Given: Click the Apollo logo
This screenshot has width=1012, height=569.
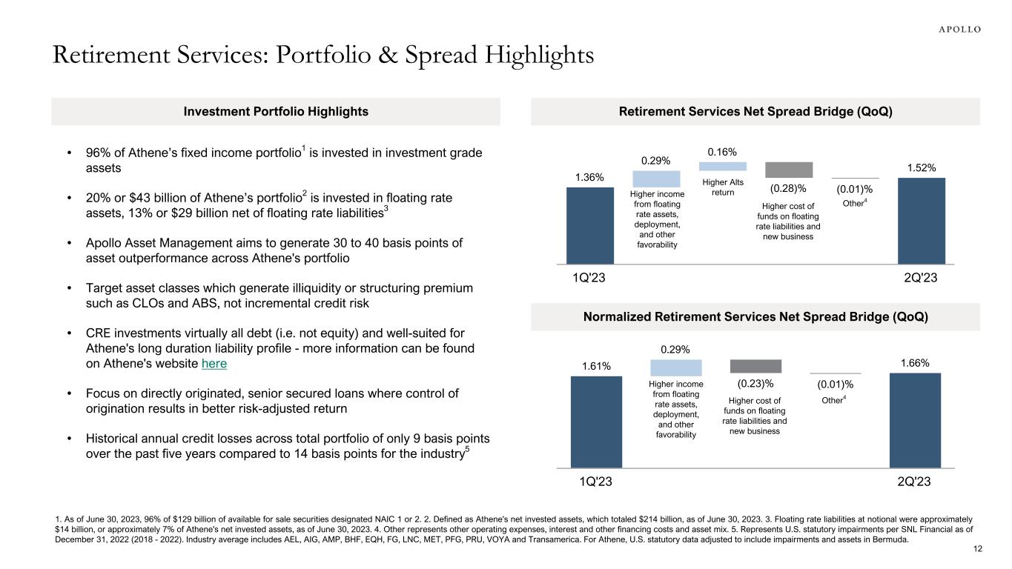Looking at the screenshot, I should coord(955,30).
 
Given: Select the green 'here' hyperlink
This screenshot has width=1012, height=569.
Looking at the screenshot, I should coord(214,364).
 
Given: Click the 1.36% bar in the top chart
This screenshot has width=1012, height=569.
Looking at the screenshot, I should coord(590,225).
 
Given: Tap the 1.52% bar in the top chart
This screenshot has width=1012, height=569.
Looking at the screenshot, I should coord(922,220).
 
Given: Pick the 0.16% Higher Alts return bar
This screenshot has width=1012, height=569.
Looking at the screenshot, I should coord(723,166).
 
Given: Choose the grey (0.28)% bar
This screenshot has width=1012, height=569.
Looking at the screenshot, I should coord(789,170).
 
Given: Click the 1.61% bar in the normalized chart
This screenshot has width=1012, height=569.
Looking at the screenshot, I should coord(595,422).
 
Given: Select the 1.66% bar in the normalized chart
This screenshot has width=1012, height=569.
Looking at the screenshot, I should coord(915,419).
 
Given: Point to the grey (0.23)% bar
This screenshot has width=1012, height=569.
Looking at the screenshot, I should coord(755,366).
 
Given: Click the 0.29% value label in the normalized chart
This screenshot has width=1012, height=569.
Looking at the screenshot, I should coord(675,349).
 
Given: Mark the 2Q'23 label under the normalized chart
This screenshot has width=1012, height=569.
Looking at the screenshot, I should coord(913,482).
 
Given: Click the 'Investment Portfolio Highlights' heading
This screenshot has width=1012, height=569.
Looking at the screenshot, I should coord(276,112).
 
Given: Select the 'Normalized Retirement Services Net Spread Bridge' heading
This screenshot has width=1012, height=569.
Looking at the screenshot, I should coord(756,317).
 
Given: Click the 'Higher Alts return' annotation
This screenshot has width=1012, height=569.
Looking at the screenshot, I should coord(722,187).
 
